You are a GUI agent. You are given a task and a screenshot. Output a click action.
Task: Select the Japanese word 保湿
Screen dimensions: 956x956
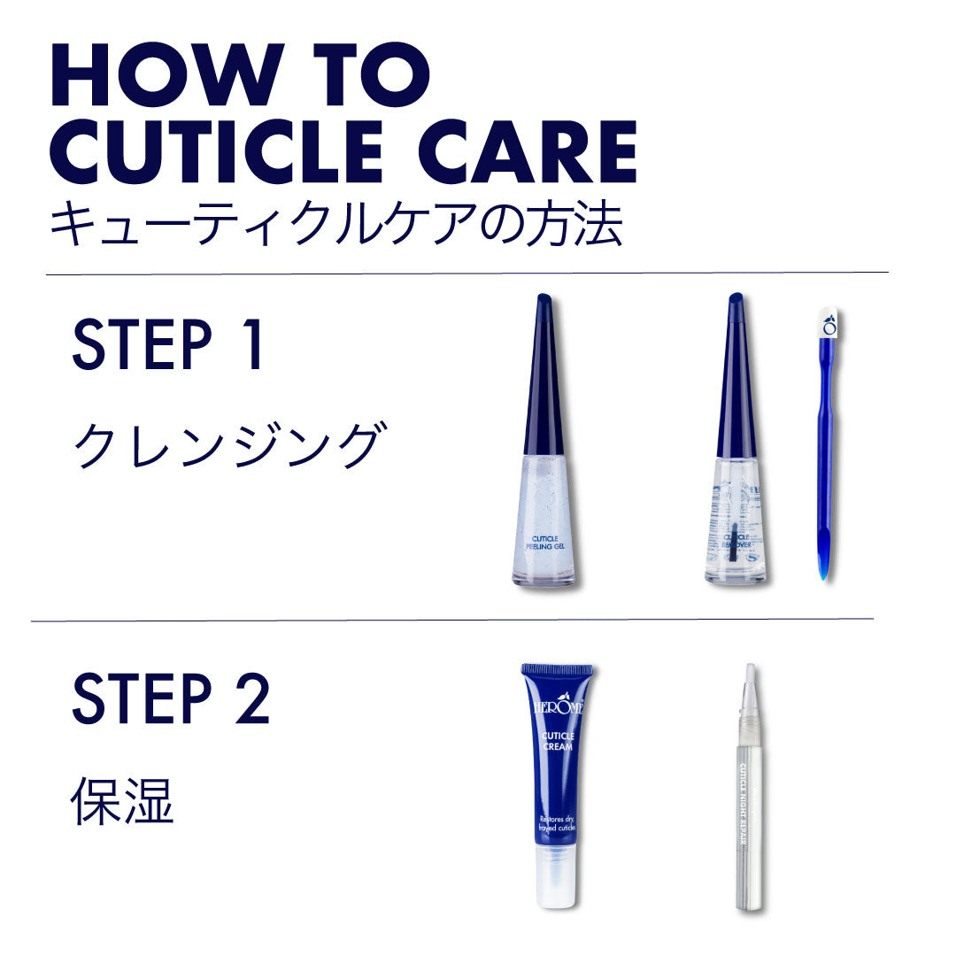tap(121, 802)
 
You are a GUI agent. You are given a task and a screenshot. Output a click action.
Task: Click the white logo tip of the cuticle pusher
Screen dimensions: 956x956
tap(829, 324)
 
